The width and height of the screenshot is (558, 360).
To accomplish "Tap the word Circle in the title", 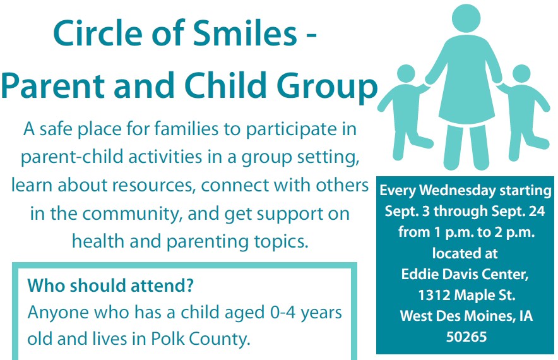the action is [98, 33].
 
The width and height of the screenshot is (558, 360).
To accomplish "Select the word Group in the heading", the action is [327, 87].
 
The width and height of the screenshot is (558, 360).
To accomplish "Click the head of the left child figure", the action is [406, 74].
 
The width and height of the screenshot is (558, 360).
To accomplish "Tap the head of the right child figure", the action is [521, 74].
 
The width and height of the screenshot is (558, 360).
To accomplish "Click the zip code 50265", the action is [466, 337].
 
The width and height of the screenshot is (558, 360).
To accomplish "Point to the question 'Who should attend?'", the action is [110, 285].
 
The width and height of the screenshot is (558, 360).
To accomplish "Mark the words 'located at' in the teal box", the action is [465, 253].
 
